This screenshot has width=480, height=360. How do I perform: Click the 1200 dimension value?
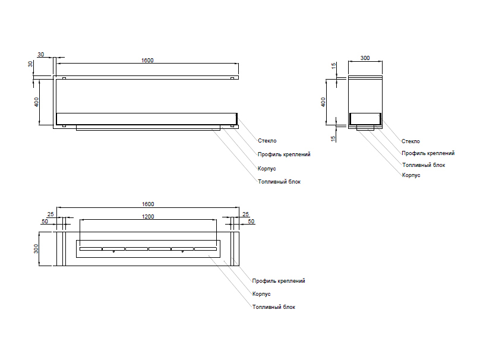pyautogui.click(x=148, y=216)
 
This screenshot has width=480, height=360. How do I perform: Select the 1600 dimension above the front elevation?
pyautogui.click(x=147, y=61)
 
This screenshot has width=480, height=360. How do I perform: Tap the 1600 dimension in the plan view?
pyautogui.click(x=148, y=204)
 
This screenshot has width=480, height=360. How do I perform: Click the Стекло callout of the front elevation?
pyautogui.click(x=267, y=141)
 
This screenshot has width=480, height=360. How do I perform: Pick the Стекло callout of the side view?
pyautogui.click(x=410, y=141)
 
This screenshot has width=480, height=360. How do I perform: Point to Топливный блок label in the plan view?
pyautogui.click(x=273, y=307)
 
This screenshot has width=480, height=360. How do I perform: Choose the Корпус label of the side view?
pyautogui.click(x=410, y=175)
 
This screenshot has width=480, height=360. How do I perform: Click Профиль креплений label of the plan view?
pyautogui.click(x=279, y=281)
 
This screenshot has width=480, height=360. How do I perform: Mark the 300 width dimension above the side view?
pyautogui.click(x=365, y=58)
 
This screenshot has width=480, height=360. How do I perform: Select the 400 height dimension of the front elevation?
pyautogui.click(x=37, y=102)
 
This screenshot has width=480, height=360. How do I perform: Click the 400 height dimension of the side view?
pyautogui.click(x=324, y=102)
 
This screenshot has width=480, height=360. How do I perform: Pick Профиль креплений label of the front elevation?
pyautogui.click(x=284, y=154)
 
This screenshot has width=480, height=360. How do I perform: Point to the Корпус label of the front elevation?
pyautogui.click(x=267, y=168)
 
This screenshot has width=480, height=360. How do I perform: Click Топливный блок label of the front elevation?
pyautogui.click(x=279, y=181)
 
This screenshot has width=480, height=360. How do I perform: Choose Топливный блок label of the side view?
pyautogui.click(x=423, y=165)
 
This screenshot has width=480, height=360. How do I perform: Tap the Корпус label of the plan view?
pyautogui.click(x=261, y=294)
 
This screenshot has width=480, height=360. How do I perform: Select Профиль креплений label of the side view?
pyautogui.click(x=428, y=153)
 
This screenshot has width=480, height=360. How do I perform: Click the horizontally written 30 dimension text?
pyautogui.click(x=40, y=55)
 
